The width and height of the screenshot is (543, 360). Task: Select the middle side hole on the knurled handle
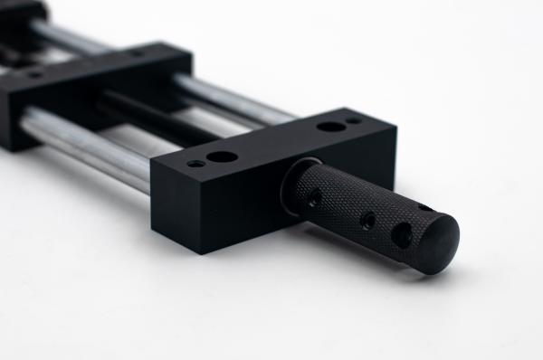tap(367, 219)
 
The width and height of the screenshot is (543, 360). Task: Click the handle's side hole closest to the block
tap(315, 197)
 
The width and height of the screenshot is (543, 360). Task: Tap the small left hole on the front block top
tap(195, 164)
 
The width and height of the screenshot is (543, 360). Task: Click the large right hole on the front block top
tap(331, 126)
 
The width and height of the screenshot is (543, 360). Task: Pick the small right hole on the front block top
tap(354, 119)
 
